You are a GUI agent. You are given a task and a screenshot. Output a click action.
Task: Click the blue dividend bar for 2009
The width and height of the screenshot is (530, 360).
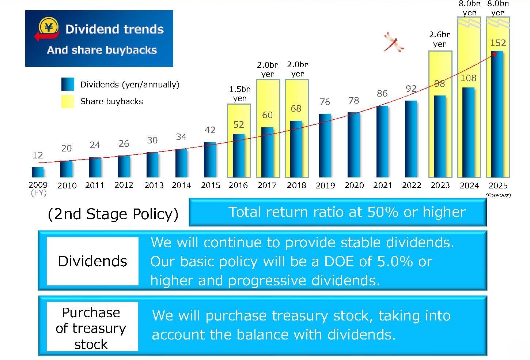pos(38,172)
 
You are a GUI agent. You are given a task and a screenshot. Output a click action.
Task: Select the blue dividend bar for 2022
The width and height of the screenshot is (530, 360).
pos(411,139)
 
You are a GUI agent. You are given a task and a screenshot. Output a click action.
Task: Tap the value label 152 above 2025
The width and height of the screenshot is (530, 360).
pos(498,43)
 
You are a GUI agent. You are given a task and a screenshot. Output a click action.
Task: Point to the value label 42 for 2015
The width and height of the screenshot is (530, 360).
pos(210,130)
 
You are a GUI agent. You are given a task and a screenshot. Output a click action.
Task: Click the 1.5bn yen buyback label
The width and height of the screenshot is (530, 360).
pos(240,94)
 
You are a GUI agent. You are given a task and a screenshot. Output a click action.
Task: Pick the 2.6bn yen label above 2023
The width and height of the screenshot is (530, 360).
pos(440,40)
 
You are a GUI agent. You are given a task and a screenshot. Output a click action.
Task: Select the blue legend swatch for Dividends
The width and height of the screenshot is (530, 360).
pos(68,84)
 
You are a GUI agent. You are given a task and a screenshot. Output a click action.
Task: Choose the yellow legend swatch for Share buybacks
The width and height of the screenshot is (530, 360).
pos(68,101)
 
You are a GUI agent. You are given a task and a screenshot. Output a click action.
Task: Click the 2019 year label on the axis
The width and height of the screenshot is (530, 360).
pos(325,185)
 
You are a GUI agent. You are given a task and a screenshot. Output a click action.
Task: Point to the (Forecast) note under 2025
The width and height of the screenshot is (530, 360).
pos(498,195)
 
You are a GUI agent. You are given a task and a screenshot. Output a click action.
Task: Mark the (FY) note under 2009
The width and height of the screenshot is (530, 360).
pos(38,192)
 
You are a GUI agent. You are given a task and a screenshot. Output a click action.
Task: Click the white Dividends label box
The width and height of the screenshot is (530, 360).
pos(92,261)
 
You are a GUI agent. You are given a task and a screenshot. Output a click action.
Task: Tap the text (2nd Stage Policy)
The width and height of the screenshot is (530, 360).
pos(113,214)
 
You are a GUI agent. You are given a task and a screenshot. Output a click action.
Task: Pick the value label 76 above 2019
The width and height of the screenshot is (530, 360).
pos(325,102)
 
